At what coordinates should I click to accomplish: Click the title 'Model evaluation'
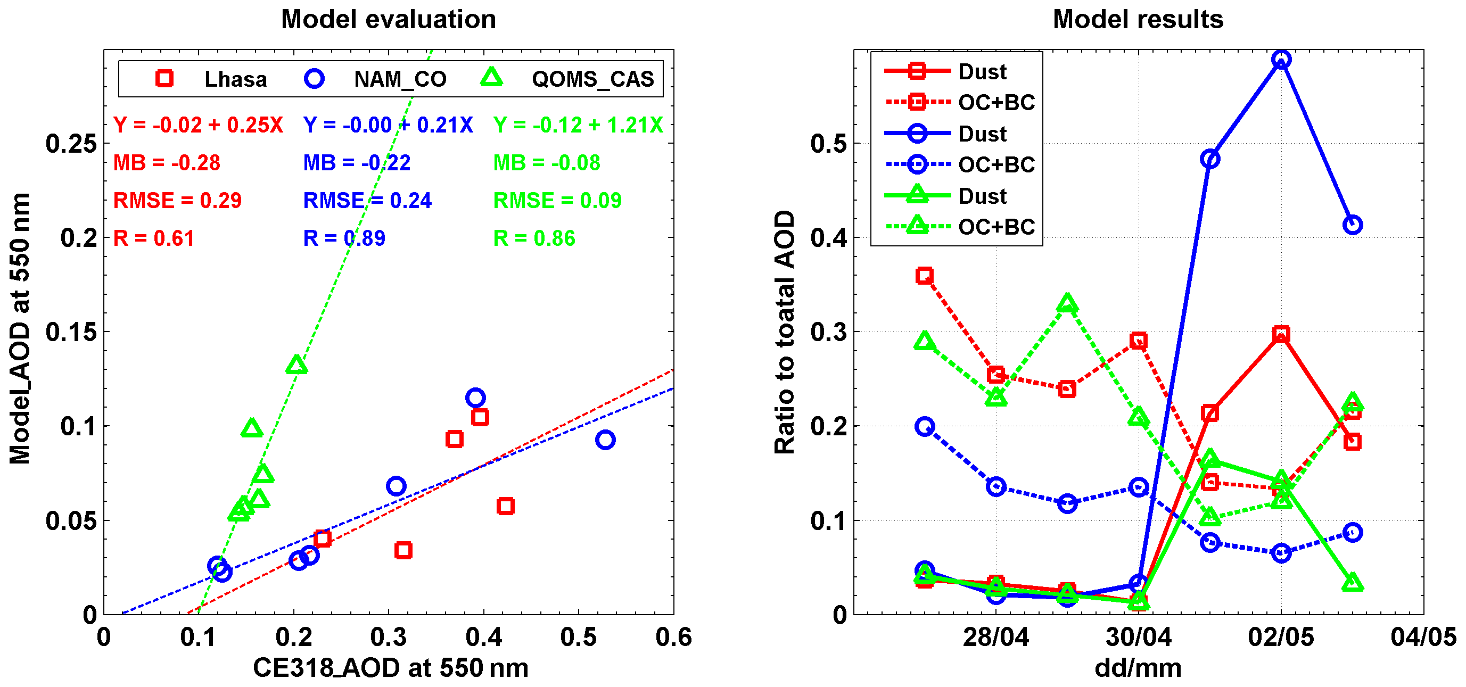coord(389,19)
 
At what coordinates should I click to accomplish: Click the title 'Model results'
coord(1138,19)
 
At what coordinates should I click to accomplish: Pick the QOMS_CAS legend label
coord(592,79)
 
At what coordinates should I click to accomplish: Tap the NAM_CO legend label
coord(400,79)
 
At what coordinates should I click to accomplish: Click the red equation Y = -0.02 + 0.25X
coord(198,125)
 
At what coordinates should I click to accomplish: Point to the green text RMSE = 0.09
coord(557,201)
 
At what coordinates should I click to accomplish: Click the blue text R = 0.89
coord(344,238)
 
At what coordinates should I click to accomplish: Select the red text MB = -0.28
coord(167,163)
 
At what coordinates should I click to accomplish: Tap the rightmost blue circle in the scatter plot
coord(605,440)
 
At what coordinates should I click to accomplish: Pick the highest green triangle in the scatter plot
coord(297,365)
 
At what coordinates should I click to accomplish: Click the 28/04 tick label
coord(995,637)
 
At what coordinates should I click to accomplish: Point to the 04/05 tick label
coord(1423,637)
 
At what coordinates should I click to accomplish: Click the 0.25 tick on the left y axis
coord(71,144)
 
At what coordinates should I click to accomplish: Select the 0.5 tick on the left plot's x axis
coord(578,637)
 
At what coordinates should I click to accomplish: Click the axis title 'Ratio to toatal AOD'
coord(785,332)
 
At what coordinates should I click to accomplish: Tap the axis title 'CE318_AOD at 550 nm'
coord(390,668)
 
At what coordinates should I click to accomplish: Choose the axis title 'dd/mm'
coord(1138,668)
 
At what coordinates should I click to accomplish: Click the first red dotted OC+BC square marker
coord(924,276)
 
